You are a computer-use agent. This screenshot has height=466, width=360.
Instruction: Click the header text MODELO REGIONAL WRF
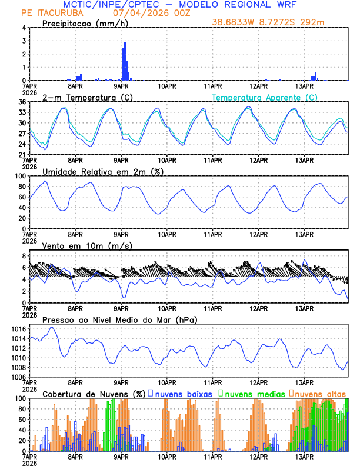tap(230, 5)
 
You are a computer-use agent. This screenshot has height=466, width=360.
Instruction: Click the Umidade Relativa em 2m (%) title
tap(102, 171)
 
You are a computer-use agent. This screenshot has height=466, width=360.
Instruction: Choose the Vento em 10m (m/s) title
tap(87, 245)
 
